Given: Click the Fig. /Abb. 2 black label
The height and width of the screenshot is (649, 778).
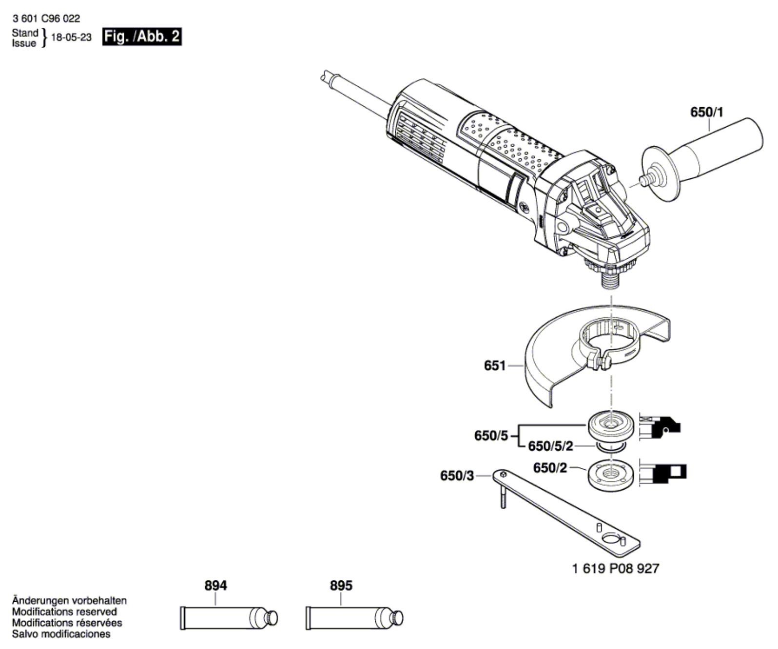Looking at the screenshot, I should tap(141, 37).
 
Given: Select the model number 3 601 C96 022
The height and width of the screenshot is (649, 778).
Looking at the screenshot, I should tap(46, 19).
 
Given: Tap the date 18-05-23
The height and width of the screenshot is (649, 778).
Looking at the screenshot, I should tap(71, 38).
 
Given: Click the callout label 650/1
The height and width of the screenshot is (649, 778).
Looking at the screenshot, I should tap(707, 112).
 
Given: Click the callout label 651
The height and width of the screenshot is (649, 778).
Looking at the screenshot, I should tap(495, 365).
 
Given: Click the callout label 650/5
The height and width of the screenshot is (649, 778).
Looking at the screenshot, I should tap(491, 435).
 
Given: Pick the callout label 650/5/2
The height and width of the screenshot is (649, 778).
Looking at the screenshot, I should tap(551, 446).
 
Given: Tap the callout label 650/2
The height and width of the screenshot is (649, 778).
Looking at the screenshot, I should tap(550, 468).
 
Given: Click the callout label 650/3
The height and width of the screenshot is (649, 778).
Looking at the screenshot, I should tap(457, 475).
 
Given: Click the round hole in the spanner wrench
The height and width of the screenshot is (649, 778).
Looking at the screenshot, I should tap(610, 538).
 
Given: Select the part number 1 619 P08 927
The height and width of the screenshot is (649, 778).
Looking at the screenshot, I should tap(615, 568).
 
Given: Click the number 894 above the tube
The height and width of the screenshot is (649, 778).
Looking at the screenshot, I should tap(215, 585).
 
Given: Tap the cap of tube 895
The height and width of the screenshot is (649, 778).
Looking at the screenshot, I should tap(398, 618).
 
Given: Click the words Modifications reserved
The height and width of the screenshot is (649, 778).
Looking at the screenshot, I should tap(64, 611).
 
